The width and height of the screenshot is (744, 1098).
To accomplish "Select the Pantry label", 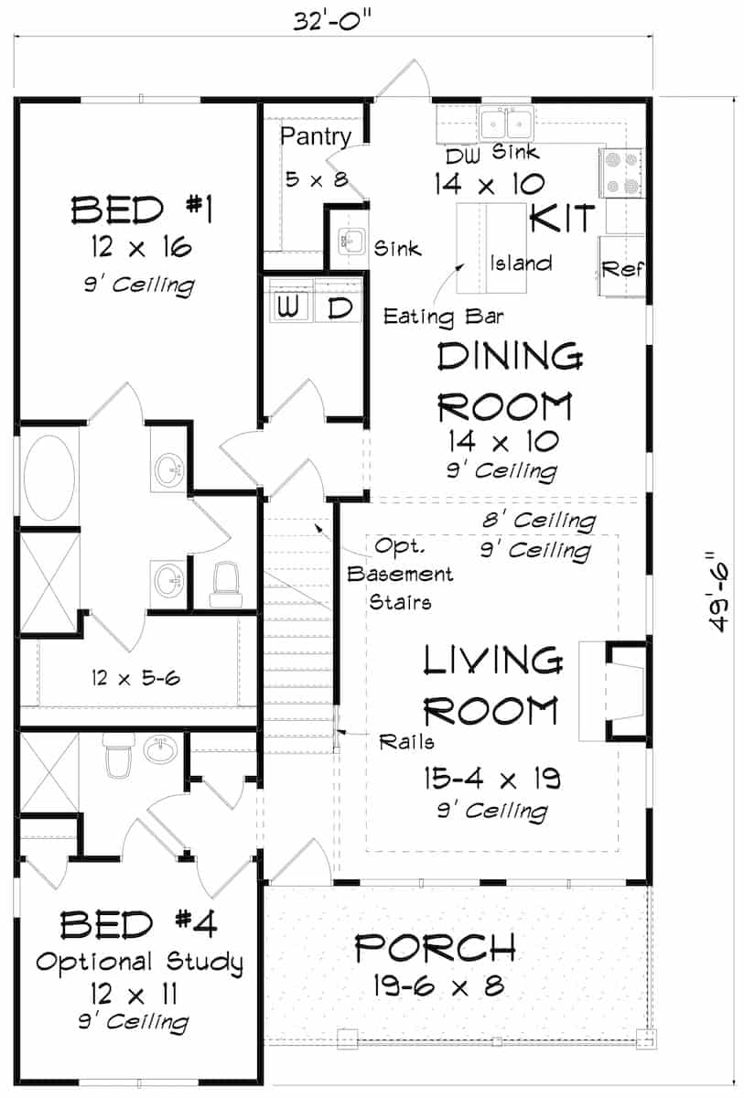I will point(316,137).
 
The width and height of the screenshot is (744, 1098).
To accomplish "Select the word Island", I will point(521,264).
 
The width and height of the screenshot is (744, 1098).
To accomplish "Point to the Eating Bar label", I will point(431,318).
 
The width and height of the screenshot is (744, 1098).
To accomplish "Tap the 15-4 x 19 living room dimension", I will point(491,779).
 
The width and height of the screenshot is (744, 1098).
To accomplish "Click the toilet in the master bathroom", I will point(223,584).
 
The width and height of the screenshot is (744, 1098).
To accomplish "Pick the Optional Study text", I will point(140,962).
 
